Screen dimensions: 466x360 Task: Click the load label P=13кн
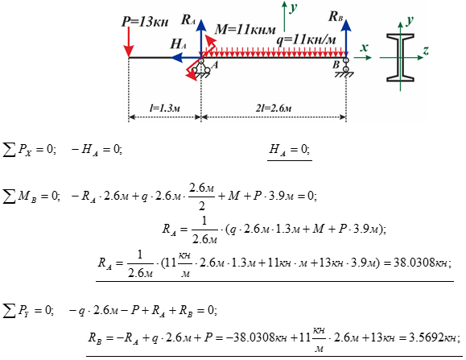click(145, 22)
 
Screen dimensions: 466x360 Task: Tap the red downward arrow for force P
click(129, 42)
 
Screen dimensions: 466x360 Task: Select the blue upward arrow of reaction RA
click(201, 39)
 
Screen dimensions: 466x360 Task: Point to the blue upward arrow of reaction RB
click(346, 37)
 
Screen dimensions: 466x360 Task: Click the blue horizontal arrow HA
click(187, 57)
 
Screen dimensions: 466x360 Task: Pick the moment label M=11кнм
click(245, 30)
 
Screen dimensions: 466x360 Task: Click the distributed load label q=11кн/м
click(306, 39)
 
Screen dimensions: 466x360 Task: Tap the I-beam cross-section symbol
click(400, 57)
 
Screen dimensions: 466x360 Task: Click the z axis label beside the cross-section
click(426, 51)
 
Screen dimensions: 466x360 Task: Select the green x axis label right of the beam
click(364, 48)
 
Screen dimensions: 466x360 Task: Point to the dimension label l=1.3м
click(165, 108)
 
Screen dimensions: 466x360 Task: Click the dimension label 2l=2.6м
click(274, 108)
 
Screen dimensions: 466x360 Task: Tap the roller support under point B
click(345, 68)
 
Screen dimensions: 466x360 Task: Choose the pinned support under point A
click(201, 68)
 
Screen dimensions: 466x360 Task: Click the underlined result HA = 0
click(290, 150)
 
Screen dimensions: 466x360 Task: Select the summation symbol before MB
click(9, 197)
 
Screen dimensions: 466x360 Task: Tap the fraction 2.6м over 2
click(202, 197)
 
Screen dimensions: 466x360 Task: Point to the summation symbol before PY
click(9, 311)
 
